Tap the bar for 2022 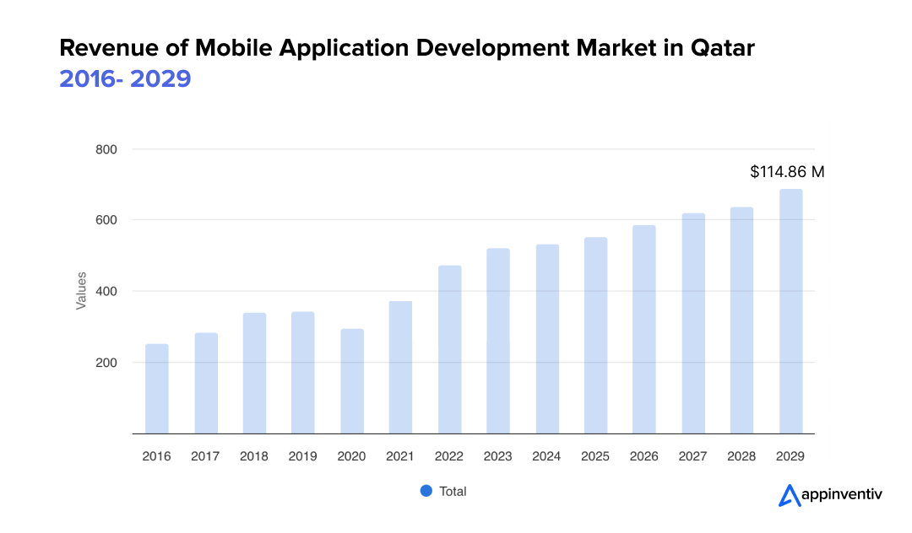click(449, 349)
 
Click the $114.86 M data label click(787, 172)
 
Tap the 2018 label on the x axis click(254, 456)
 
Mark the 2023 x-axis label click(498, 456)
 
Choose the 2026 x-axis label click(644, 456)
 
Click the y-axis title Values click(81, 290)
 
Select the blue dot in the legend click(426, 491)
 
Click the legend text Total click(453, 491)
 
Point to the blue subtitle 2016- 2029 click(125, 78)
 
